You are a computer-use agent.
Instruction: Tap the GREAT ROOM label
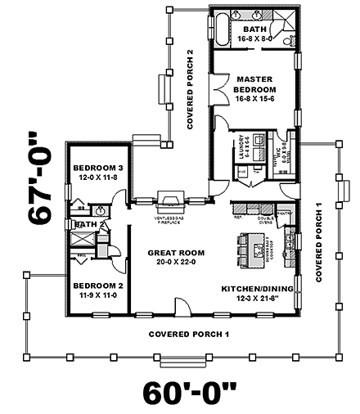click(x=171, y=253)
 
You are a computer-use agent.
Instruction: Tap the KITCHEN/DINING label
click(x=256, y=289)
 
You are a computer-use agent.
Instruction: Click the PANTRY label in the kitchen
click(x=283, y=213)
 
